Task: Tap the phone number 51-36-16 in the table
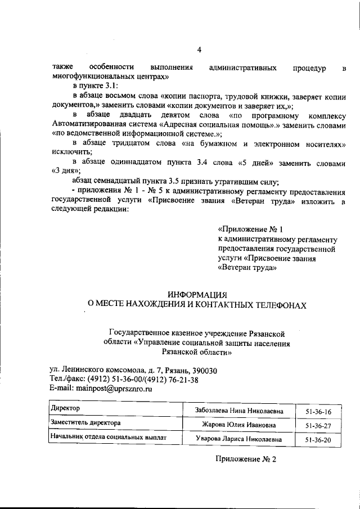point(318,412)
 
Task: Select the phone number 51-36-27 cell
point(318,426)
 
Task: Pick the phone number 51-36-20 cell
point(318,440)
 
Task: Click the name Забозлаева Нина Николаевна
point(238,411)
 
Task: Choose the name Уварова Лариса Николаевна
point(238,439)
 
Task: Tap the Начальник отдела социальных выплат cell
point(107,435)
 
